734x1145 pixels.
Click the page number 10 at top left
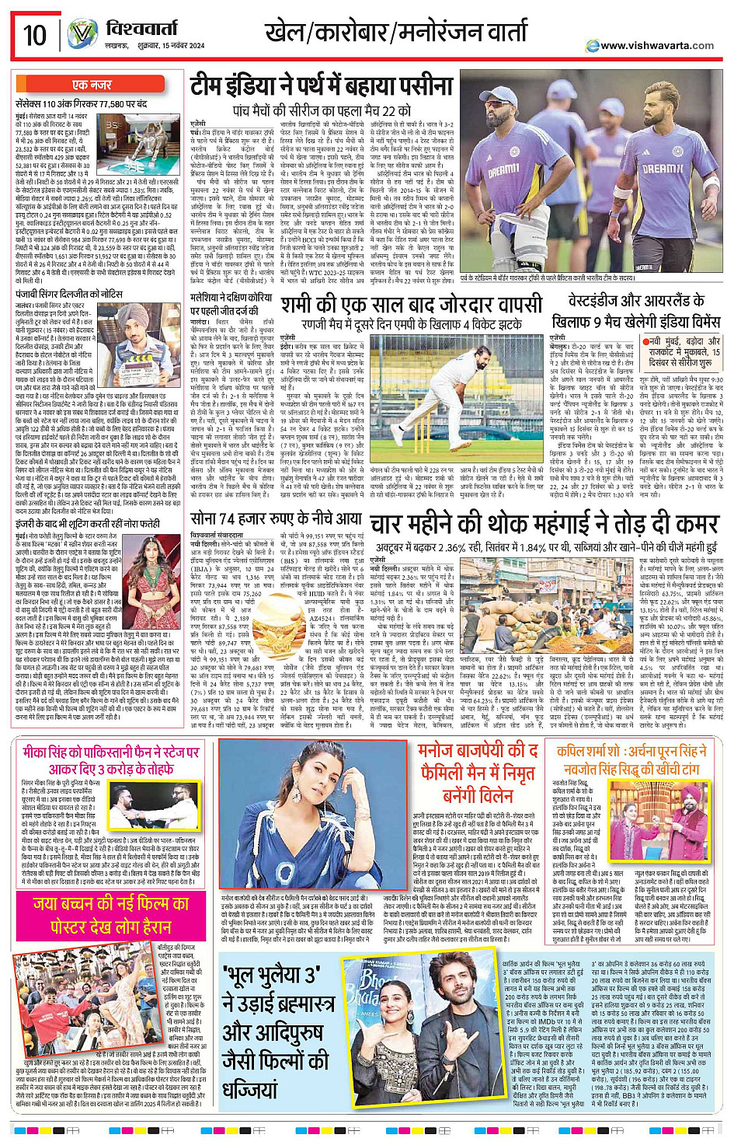coord(35,34)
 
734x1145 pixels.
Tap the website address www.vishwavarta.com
coord(656,45)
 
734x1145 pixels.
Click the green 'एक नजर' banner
coord(92,84)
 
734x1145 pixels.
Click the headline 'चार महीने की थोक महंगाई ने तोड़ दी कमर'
coord(544,525)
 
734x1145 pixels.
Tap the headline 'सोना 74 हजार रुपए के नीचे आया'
coord(276,518)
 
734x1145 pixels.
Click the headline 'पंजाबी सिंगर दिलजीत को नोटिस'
coord(69,294)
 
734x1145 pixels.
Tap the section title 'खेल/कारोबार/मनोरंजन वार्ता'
coord(396,33)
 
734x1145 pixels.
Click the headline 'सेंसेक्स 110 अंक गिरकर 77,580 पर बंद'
coord(82,103)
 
